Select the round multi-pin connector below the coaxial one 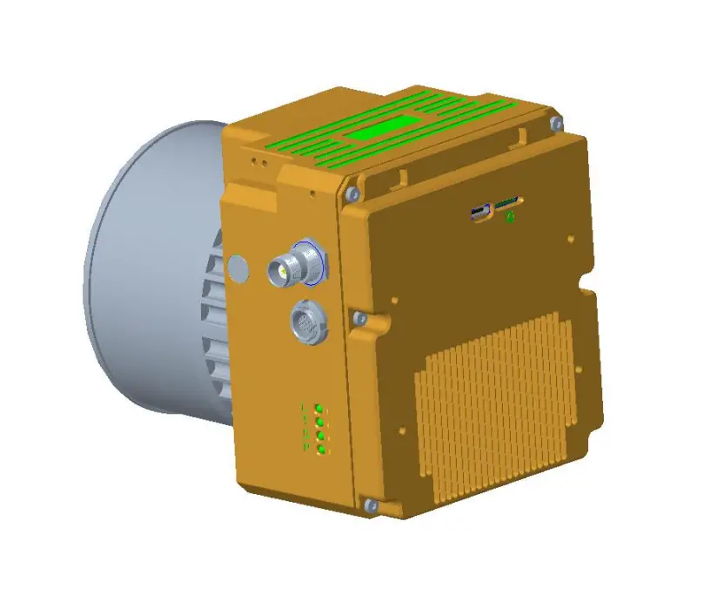(x=310, y=321)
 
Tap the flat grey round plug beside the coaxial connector (x=238, y=268)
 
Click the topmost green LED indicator (x=320, y=409)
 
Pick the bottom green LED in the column (x=321, y=449)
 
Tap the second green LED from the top (x=320, y=423)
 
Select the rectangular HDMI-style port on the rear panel (x=479, y=213)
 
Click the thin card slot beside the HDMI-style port (x=506, y=205)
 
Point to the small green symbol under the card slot (x=511, y=216)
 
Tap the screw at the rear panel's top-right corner (x=557, y=121)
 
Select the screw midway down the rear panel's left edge (x=358, y=318)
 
